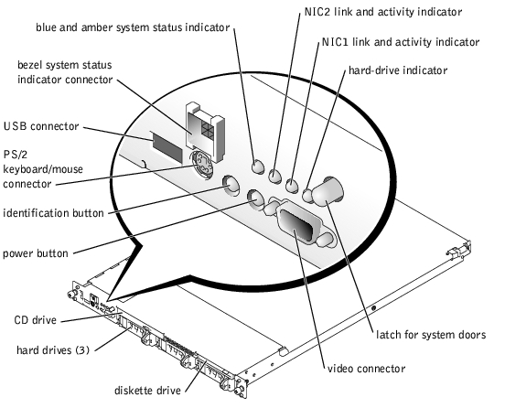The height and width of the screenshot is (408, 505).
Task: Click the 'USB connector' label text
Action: click(41, 126)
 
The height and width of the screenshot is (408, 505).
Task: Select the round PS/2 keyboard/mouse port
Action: click(201, 164)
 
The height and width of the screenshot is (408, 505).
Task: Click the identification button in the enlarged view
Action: click(231, 186)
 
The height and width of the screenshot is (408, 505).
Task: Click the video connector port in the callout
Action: click(298, 225)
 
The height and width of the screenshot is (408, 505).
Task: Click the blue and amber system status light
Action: click(258, 166)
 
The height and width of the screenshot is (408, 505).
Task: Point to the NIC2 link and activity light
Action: click(275, 176)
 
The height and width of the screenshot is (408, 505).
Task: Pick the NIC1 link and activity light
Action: click(292, 186)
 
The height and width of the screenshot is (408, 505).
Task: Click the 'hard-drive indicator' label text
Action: click(398, 70)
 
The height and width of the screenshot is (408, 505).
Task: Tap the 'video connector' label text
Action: click(366, 369)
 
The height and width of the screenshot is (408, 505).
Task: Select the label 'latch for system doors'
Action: click(431, 335)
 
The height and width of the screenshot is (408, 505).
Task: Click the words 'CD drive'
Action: click(36, 320)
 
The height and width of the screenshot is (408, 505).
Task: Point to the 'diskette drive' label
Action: click(147, 391)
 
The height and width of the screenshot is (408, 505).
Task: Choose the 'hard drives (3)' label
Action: click(53, 349)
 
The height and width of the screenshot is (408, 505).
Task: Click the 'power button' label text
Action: click(36, 253)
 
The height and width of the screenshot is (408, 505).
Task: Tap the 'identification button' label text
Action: click(53, 213)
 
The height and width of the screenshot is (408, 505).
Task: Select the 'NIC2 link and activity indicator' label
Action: click(383, 12)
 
